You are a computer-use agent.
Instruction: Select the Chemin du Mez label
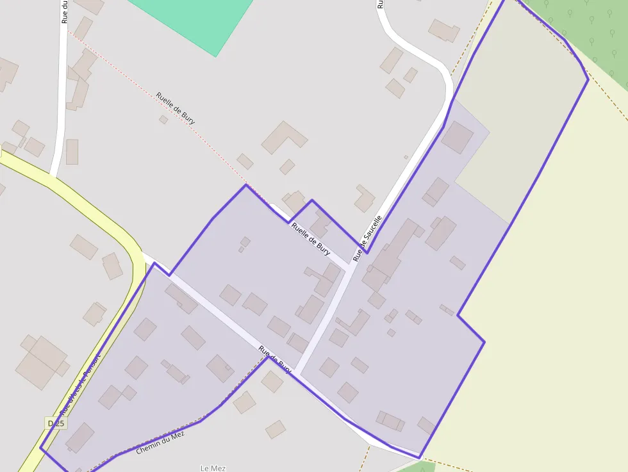(160, 443)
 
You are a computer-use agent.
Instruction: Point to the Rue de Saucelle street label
(367, 238)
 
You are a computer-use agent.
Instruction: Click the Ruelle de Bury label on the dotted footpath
(175, 108)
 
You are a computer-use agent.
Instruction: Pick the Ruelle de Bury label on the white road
(311, 238)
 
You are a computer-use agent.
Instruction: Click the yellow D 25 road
(96, 211)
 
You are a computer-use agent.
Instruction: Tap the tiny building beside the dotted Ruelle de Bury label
(163, 119)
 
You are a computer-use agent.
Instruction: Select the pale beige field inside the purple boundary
(519, 115)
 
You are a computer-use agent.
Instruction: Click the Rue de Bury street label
(276, 361)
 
